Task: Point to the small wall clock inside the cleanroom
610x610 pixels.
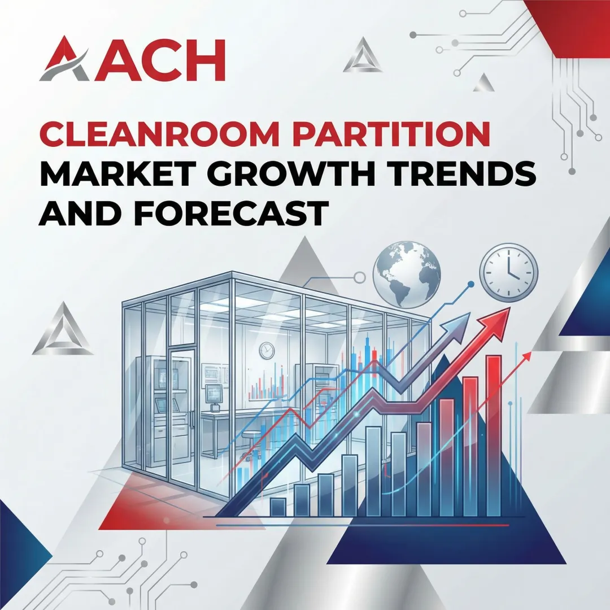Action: (x=267, y=351)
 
